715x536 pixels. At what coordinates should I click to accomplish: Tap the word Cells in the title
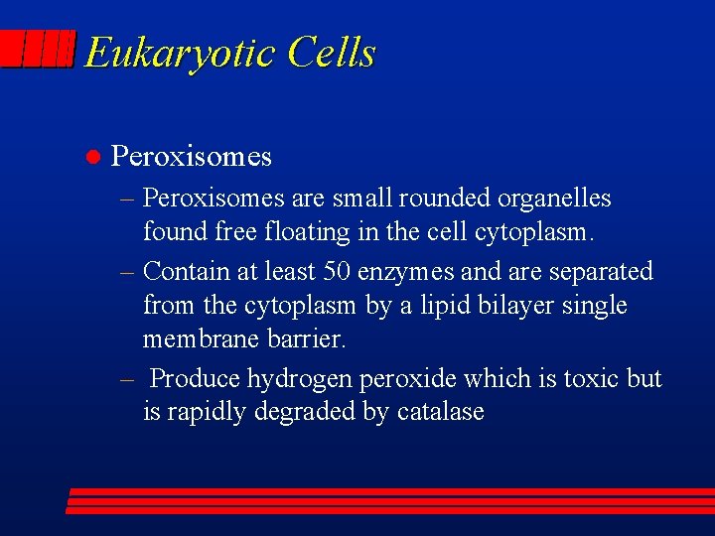pyautogui.click(x=331, y=53)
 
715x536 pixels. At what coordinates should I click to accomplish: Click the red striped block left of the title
pyautogui.click(x=38, y=50)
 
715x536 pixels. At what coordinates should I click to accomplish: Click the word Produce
pyautogui.click(x=195, y=378)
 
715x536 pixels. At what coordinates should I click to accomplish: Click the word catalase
pyautogui.click(x=440, y=412)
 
